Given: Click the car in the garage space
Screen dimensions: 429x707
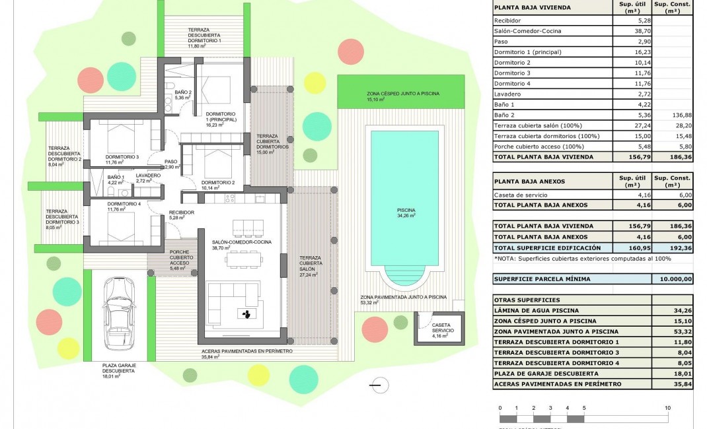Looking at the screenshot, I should coord(120,315).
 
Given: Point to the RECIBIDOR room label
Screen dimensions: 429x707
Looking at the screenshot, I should coord(181,214).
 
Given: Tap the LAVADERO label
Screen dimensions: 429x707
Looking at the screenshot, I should coord(149,176).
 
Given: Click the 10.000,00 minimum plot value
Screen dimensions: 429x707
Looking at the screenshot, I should coord(672,279).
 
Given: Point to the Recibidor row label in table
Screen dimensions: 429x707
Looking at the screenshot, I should coord(508,20).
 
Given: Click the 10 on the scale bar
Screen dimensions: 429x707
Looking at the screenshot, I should coord(668,408).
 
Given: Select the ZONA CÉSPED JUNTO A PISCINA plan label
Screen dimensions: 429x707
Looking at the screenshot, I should coord(403,94).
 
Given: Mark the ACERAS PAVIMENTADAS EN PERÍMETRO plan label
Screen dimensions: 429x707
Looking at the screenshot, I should coord(246,351).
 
